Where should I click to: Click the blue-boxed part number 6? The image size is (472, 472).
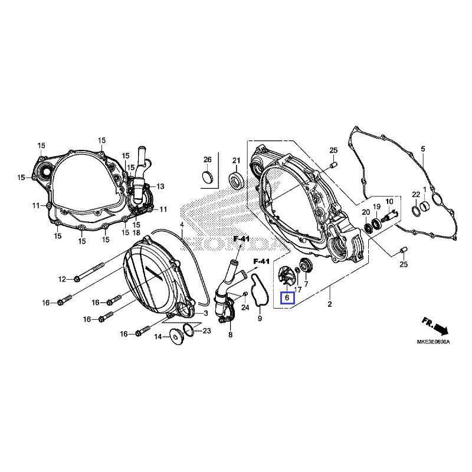287,299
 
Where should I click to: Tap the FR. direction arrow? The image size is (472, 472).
435,326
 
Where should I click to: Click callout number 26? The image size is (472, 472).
207,160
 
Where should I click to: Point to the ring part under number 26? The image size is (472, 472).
208,178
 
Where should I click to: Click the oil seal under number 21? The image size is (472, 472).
236,180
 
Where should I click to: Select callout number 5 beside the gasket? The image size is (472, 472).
422,148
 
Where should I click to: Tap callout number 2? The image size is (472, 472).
330,304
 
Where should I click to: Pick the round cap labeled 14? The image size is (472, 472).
176,336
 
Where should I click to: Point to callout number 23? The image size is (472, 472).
206,331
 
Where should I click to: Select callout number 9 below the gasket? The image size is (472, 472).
259,319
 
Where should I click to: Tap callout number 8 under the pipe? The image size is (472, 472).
230,335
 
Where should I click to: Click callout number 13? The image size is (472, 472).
160,186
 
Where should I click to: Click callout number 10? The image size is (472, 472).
389,202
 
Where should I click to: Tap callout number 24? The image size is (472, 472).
245,307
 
